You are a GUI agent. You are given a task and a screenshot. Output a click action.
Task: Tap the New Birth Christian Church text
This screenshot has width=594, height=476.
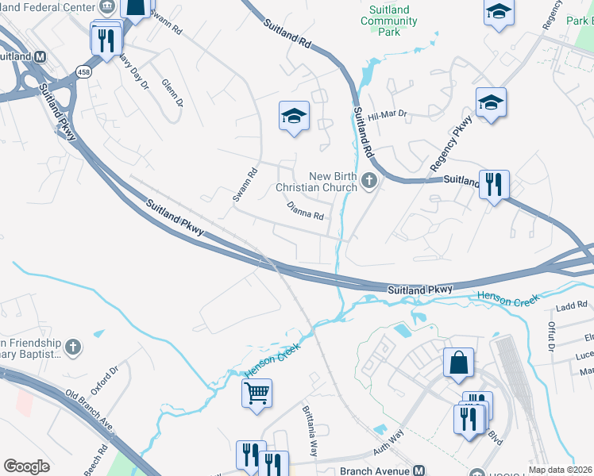(316, 182)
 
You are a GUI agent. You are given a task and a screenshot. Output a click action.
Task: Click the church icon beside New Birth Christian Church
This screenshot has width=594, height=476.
(368, 182)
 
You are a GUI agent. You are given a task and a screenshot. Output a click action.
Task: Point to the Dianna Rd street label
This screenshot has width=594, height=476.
(306, 210)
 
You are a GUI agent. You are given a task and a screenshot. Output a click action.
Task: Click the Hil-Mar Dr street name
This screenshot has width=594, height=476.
(388, 116)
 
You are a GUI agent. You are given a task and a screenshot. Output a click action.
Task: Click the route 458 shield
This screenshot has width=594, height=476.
(83, 72)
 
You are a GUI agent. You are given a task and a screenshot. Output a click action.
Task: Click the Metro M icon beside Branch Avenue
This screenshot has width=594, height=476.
(418, 470)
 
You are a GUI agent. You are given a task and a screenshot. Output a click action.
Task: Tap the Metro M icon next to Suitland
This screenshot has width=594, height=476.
(40, 57)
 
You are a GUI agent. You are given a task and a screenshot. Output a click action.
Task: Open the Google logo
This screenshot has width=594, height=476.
(26, 466)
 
